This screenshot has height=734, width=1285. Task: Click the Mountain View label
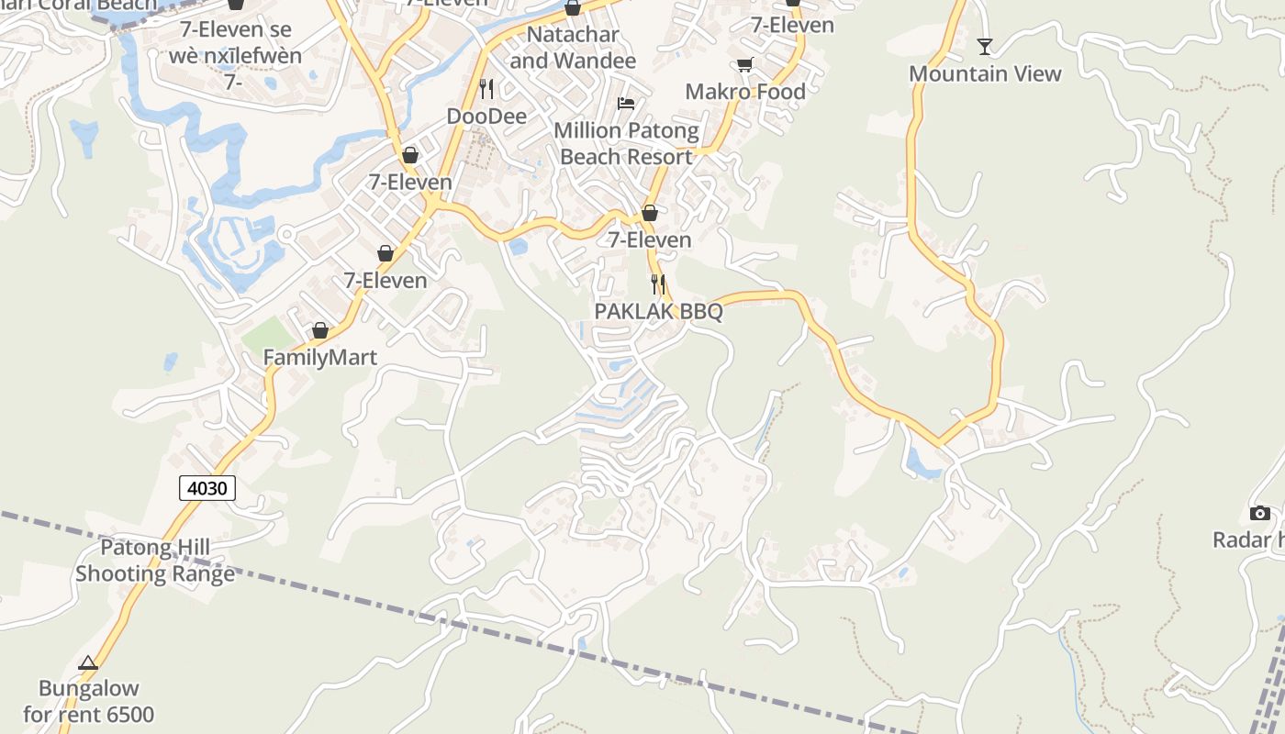pyautogui.click(x=985, y=74)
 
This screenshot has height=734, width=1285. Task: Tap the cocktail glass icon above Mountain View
pyautogui.click(x=985, y=46)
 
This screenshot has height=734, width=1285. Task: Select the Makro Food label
pyautogui.click(x=745, y=92)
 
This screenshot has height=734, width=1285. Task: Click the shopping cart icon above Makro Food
pyautogui.click(x=744, y=64)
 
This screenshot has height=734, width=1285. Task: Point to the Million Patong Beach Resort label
pyautogui.click(x=626, y=144)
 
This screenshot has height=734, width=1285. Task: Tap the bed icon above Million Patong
pyautogui.click(x=626, y=104)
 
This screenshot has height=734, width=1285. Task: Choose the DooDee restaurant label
pyautogui.click(x=486, y=117)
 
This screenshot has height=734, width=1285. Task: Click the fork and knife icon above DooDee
pyautogui.click(x=486, y=88)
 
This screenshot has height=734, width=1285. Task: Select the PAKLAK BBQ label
pyautogui.click(x=658, y=312)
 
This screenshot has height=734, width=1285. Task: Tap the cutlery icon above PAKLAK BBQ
pyautogui.click(x=658, y=284)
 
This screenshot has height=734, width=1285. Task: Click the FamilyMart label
pyautogui.click(x=320, y=358)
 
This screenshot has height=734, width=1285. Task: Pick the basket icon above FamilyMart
pyautogui.click(x=320, y=330)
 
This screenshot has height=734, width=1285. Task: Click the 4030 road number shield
pyautogui.click(x=207, y=488)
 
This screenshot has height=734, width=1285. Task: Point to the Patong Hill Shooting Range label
pyautogui.click(x=155, y=562)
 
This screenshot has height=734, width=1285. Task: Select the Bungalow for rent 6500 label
pyautogui.click(x=89, y=701)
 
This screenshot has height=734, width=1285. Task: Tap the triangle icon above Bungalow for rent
pyautogui.click(x=88, y=663)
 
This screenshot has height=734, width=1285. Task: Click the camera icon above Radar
pyautogui.click(x=1260, y=513)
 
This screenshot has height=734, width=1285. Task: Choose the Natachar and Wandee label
pyautogui.click(x=573, y=48)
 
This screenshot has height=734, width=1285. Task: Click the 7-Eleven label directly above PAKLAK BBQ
pyautogui.click(x=650, y=240)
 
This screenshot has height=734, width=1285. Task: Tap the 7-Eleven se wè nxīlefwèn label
pyautogui.click(x=235, y=42)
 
